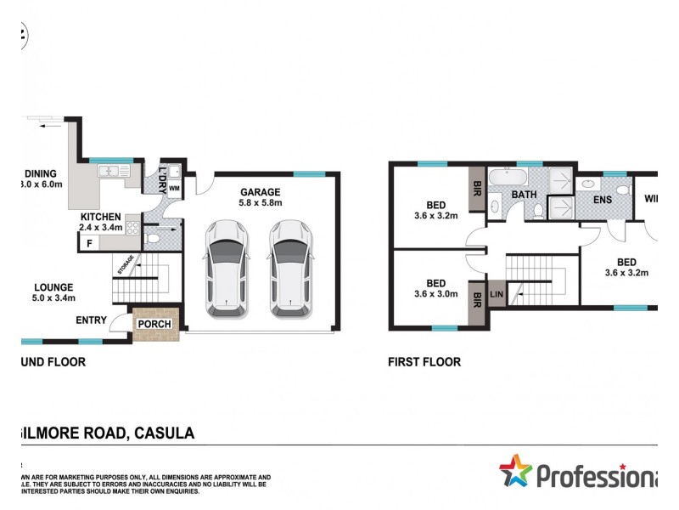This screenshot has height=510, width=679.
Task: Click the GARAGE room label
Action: click(x=261, y=192)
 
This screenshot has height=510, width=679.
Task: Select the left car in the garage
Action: click(x=227, y=269)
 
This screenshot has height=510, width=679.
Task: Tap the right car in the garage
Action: click(x=290, y=269)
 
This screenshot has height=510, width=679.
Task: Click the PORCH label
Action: click(x=154, y=324)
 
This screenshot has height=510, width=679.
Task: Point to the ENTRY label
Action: click(x=92, y=320)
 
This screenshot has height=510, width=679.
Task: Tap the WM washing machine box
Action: click(x=174, y=188)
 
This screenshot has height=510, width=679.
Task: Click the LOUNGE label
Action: click(x=53, y=287)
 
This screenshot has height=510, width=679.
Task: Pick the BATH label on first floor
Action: click(x=523, y=195)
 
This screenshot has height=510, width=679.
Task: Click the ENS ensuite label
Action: click(x=603, y=201)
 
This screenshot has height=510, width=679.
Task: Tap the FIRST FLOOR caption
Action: click(x=424, y=362)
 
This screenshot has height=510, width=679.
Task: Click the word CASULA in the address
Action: click(x=165, y=433)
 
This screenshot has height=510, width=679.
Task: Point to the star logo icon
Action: click(x=515, y=470)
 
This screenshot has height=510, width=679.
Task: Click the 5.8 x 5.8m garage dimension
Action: click(x=261, y=204)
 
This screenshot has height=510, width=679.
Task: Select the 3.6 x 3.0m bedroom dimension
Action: click(x=436, y=295)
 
